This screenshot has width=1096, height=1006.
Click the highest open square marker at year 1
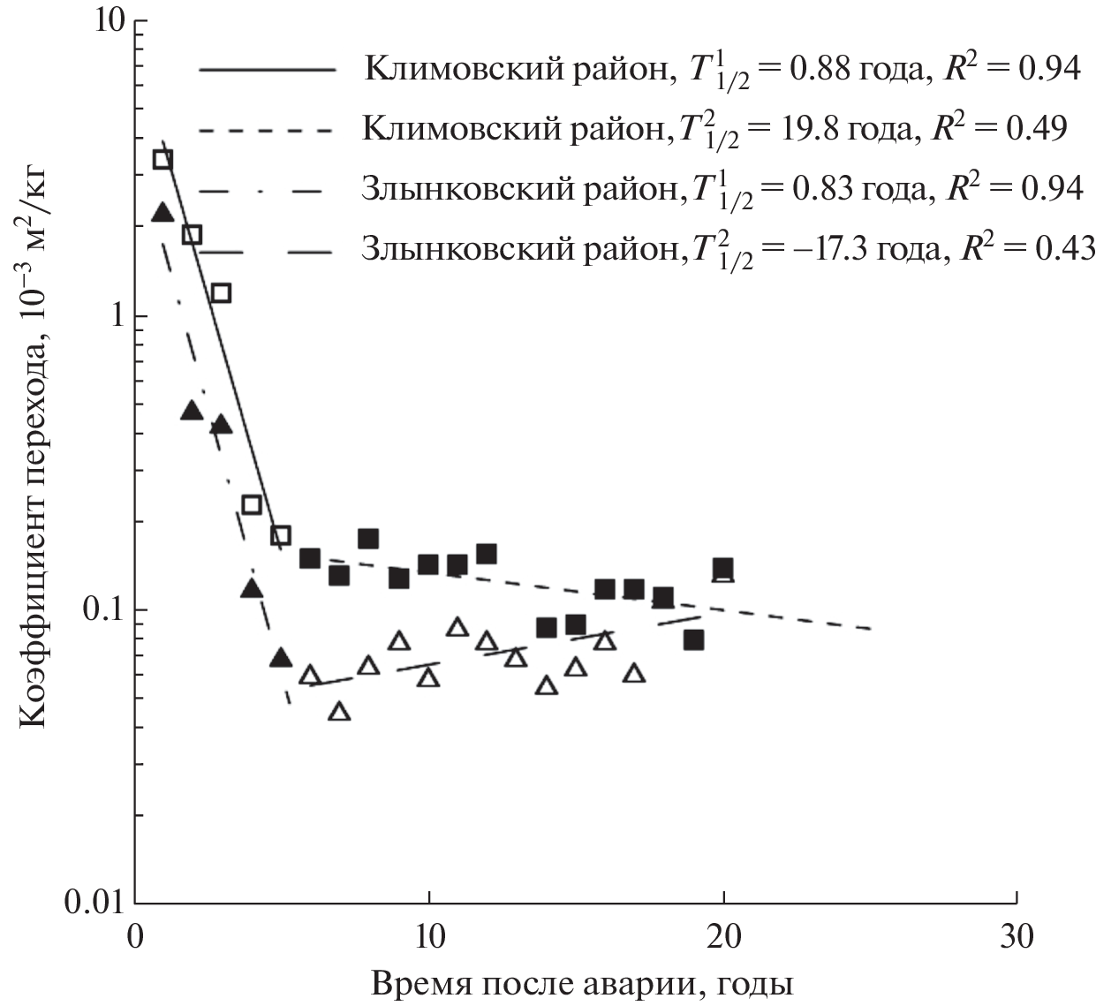tap(163, 159)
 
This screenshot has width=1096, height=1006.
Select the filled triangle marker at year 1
tap(163, 213)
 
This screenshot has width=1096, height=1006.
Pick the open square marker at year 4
tap(252, 505)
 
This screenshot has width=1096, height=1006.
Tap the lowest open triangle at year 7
tap(340, 712)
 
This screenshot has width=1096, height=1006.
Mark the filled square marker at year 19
tap(693, 639)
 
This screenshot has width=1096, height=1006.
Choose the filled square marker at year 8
tap(368, 539)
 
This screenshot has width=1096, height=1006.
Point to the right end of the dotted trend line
tap(872, 629)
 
